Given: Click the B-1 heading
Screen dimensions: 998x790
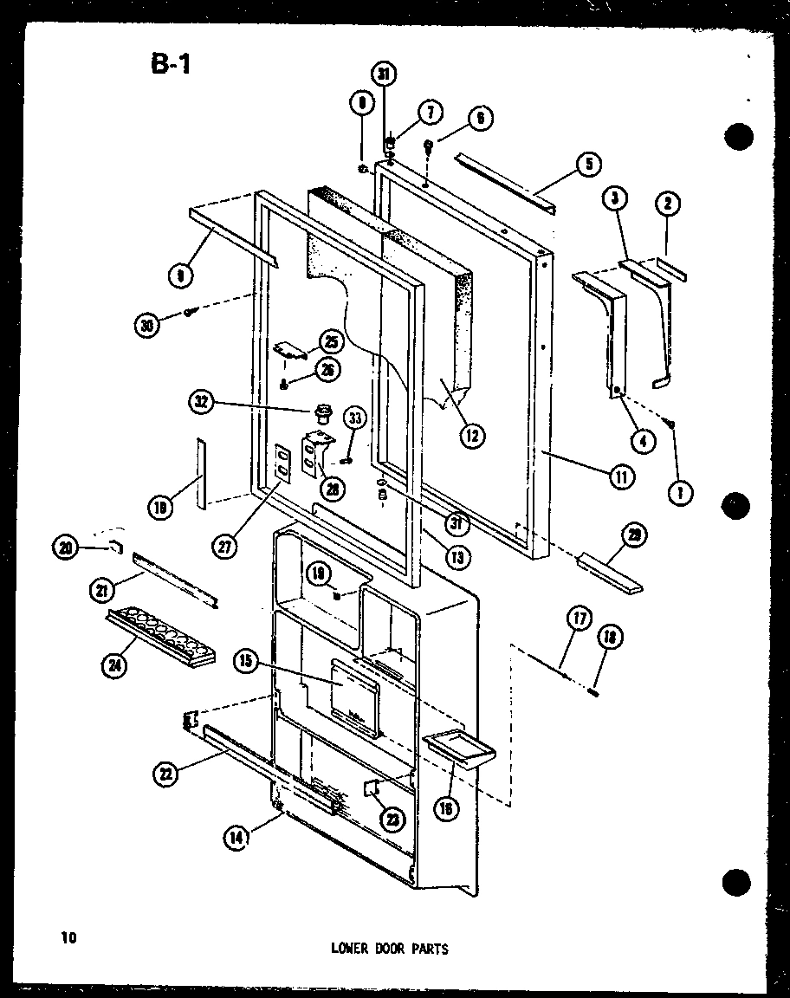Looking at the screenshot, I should coord(170,65).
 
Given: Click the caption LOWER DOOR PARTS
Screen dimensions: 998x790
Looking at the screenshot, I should coord(389,949).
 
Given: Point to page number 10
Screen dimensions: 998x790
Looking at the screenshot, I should coord(69,936).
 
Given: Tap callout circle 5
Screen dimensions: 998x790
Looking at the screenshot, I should coord(588,162).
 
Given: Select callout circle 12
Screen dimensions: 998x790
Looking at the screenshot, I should coord(472,435).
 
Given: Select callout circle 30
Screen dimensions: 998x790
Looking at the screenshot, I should coord(147,325).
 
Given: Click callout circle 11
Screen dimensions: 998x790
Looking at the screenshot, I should coord(622,475).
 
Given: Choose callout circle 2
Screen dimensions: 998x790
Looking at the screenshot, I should coord(668,204).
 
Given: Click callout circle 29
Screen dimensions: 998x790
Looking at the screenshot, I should coord(635,536).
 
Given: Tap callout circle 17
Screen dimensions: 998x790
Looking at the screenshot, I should coord(578,618).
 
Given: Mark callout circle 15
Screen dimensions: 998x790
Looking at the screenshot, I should coord(245,661).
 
